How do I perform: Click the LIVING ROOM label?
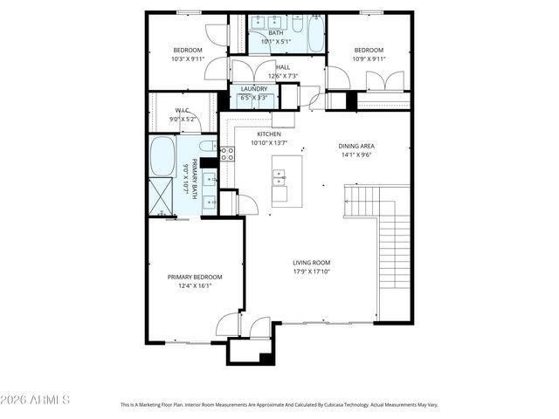(311, 262)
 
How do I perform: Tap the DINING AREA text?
(356, 146)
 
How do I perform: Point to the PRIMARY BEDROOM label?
(190, 276)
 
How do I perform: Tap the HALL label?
(283, 67)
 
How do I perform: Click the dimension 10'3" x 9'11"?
(188, 59)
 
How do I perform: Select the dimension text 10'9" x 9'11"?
(369, 59)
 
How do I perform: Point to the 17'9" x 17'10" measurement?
(311, 271)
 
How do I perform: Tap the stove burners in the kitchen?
(226, 154)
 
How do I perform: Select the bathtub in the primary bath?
(162, 156)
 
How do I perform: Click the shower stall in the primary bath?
(161, 196)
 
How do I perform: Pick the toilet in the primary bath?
(208, 146)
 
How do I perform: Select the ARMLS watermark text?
(36, 400)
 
